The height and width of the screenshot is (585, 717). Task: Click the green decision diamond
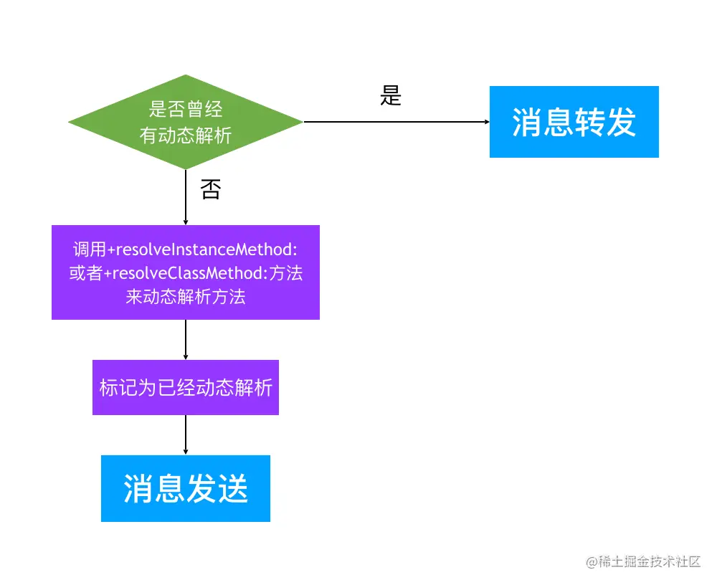point(186,122)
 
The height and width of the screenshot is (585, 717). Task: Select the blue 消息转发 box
point(574,122)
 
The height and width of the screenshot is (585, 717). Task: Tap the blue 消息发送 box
point(186,488)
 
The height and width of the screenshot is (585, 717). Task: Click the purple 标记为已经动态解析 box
point(186,388)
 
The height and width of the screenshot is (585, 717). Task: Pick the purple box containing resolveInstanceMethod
point(186,272)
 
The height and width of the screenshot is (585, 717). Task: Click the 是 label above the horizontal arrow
point(391,95)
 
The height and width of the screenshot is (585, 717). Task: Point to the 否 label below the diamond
point(210,190)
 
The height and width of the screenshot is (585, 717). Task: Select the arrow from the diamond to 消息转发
point(394,122)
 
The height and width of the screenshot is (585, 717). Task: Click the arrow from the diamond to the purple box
point(186,197)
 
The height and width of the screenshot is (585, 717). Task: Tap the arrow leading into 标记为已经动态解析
point(186,339)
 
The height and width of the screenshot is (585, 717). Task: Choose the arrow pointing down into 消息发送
point(186,434)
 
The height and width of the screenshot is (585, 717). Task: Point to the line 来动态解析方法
point(186,296)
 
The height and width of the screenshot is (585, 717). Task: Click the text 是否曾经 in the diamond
point(186,110)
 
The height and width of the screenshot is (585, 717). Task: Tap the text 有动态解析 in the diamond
point(186,135)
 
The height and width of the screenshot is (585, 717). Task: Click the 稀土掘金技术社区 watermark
point(643,561)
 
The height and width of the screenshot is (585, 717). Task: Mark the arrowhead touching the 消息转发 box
point(485,122)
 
